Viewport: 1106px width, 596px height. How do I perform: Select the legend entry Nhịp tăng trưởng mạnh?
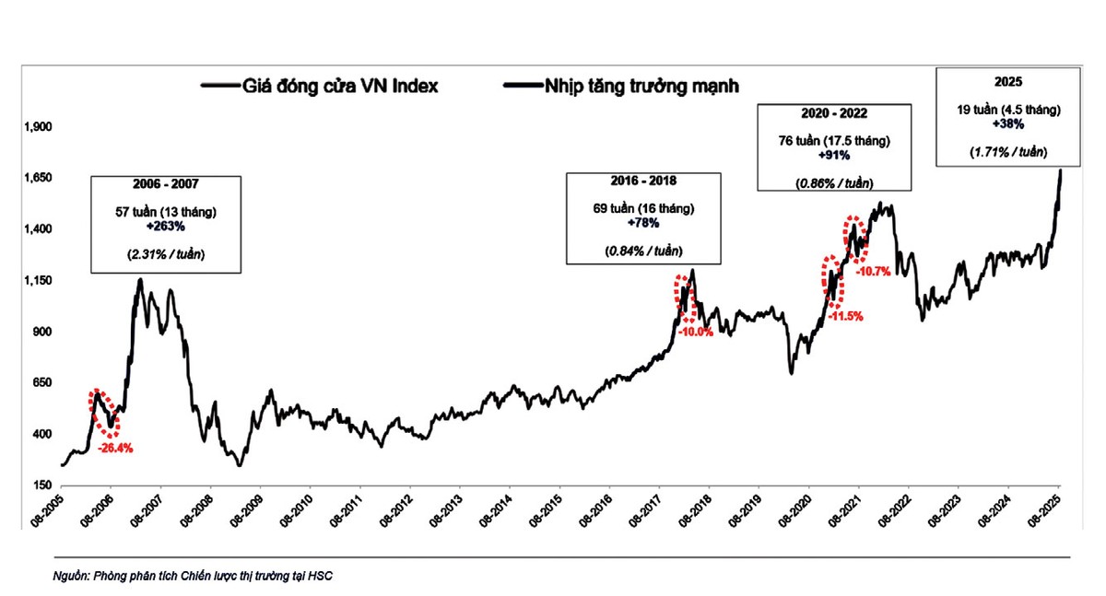coord(637,86)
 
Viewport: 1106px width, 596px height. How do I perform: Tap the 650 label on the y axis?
coord(40,383)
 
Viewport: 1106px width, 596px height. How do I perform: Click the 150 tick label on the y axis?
coord(40,485)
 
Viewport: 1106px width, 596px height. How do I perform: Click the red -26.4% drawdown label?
coord(116,449)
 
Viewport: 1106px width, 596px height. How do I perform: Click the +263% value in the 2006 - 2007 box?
coord(166,226)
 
